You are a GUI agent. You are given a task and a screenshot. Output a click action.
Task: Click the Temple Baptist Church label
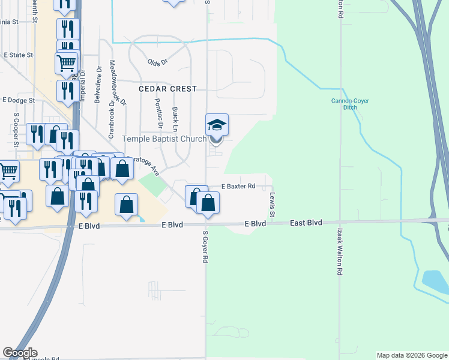coord(164,139)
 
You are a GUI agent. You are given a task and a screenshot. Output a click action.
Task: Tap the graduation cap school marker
coord(217,125)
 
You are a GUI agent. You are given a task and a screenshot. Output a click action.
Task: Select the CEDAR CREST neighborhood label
coord(167,89)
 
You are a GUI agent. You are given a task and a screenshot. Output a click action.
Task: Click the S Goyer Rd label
coord(205,247)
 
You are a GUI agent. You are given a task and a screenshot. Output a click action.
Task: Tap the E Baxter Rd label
coord(240,187)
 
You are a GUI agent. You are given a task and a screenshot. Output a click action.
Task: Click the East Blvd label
coord(306,223)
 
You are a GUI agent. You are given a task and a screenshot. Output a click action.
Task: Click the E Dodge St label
coord(18,100)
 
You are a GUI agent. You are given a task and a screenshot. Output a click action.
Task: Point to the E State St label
coord(18,55)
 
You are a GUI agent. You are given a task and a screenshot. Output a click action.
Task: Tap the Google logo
coord(19,353)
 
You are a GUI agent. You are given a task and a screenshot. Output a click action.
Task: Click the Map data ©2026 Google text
coord(412,355)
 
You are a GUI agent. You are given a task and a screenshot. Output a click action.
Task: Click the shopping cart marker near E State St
coord(66,62)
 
